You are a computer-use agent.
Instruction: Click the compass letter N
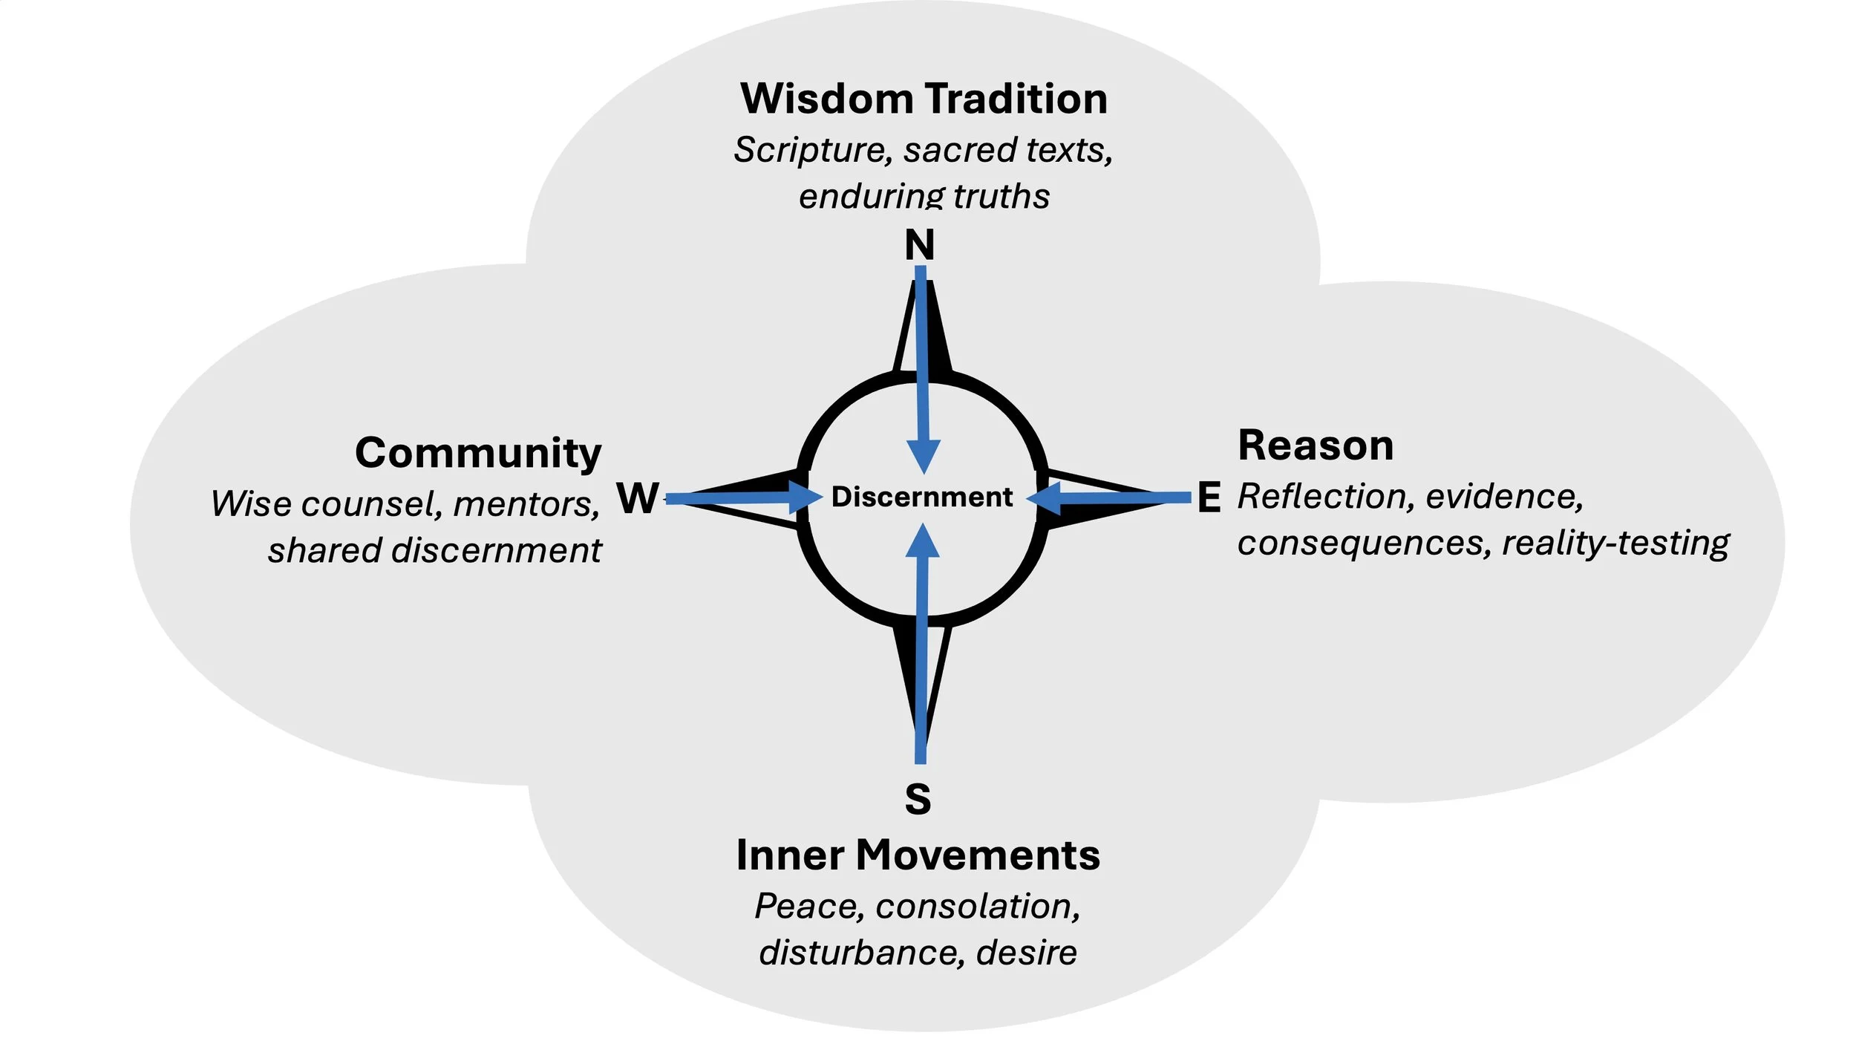click(919, 245)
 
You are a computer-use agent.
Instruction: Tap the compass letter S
click(918, 799)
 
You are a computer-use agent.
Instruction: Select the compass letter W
click(637, 497)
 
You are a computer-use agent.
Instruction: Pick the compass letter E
click(1209, 497)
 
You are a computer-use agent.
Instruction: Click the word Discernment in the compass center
click(921, 497)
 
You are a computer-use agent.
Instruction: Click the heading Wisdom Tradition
click(924, 99)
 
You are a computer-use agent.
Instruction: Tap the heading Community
click(478, 452)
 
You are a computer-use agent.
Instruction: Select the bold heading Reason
click(1316, 446)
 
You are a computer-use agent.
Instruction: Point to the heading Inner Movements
click(918, 855)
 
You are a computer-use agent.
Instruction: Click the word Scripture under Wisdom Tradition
click(813, 150)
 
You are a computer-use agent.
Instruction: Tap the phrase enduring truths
click(924, 197)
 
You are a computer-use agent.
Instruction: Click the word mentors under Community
click(526, 504)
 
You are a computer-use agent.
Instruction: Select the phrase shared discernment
click(434, 551)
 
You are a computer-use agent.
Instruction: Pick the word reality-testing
click(1615, 544)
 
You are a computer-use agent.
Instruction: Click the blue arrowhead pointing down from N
click(924, 454)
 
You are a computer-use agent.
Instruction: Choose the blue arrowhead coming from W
click(805, 497)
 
